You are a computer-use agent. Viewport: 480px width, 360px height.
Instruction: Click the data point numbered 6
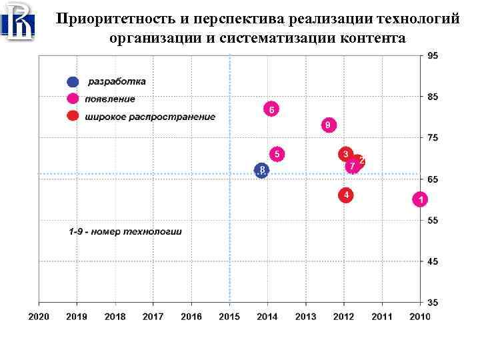(x=271, y=109)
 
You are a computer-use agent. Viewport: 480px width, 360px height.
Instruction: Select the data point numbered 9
(x=329, y=125)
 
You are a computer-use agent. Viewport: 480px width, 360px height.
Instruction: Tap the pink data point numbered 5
(x=277, y=154)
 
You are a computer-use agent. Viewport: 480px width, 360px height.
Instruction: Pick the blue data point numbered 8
(x=262, y=171)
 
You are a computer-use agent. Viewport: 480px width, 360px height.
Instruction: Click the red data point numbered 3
(x=345, y=154)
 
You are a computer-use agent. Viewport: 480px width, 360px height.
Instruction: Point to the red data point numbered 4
(x=345, y=195)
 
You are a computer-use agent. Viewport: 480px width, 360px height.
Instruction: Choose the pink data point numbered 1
(x=420, y=199)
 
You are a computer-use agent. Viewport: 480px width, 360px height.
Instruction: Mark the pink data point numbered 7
(x=352, y=165)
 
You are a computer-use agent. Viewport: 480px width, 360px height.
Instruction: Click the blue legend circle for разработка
(x=72, y=82)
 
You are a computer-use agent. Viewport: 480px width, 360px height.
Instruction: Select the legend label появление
(x=110, y=99)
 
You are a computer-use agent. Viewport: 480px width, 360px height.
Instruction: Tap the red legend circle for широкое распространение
(x=72, y=117)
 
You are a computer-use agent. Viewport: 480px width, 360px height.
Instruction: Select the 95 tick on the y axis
(x=433, y=56)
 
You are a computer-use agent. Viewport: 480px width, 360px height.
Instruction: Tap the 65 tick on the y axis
(x=433, y=179)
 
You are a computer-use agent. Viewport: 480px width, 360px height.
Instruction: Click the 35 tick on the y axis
(x=433, y=302)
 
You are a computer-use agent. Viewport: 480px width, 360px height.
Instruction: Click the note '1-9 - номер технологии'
(x=125, y=232)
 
